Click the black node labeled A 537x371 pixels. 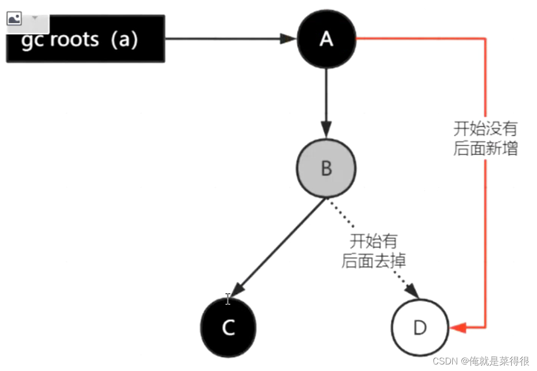tap(326, 39)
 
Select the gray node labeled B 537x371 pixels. tap(326, 168)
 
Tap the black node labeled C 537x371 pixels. tap(228, 328)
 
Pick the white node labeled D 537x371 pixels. tap(420, 328)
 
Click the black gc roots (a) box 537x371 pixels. tap(85, 39)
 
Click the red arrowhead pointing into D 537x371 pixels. tap(458, 328)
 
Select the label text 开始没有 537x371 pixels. tap(485, 129)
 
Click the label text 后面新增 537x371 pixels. tap(485, 149)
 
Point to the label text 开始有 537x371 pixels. tap(374, 241)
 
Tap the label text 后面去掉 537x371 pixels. tap(374, 260)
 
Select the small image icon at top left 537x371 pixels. tap(14, 19)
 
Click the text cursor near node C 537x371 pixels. tap(227, 300)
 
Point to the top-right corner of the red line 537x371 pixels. tap(485, 38)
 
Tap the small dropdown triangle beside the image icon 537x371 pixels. tap(35, 18)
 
